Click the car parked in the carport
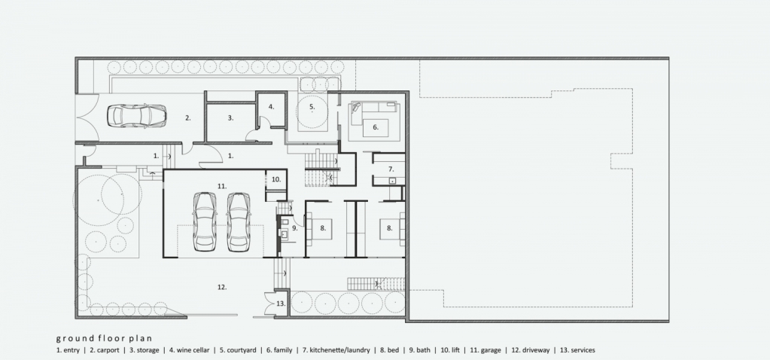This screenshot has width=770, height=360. point(136,116)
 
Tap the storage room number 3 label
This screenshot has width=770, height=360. point(230,118)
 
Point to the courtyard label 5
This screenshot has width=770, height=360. point(312,106)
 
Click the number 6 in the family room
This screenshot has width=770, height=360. point(376,127)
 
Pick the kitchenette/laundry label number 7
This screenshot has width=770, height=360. point(391,169)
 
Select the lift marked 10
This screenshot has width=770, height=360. point(276,180)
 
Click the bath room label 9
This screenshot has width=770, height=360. point(295,227)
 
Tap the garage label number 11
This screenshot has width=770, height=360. point(221,185)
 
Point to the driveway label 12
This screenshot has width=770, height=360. point(222,287)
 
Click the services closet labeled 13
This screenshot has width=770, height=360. point(277,304)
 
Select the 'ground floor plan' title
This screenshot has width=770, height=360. point(104,338)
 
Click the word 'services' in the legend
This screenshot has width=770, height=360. point(583,350)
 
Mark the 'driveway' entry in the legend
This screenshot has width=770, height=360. point(537,350)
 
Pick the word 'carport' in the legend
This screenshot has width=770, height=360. point(108,350)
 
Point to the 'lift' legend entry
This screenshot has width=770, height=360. point(455,350)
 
